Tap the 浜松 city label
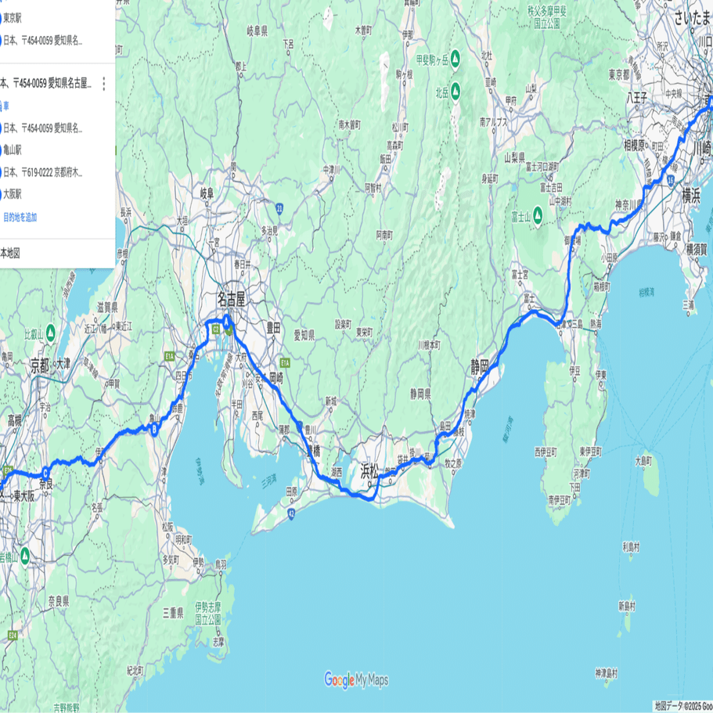click(x=369, y=471)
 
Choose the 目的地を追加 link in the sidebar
click(x=20, y=217)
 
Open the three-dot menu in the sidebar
click(x=103, y=84)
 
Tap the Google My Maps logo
click(x=356, y=679)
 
